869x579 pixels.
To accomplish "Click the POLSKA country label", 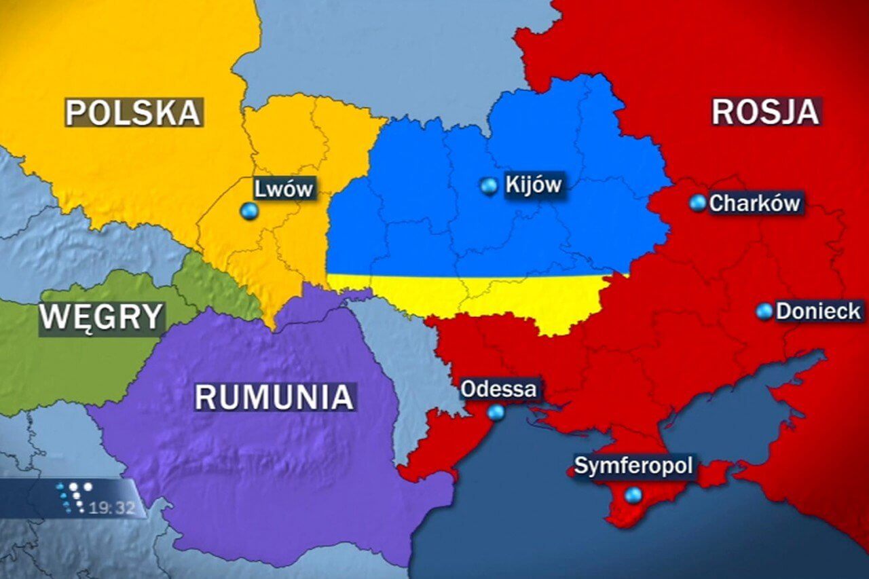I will click(134, 112).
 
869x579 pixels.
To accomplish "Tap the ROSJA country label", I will click(766, 111).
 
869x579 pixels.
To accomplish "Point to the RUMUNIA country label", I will click(275, 396).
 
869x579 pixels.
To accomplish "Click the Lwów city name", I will click(283, 187).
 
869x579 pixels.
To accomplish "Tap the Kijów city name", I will click(534, 184).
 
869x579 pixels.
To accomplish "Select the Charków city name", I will click(754, 202).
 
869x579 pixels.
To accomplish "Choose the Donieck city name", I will click(818, 312).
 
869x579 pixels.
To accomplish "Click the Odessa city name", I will click(498, 390).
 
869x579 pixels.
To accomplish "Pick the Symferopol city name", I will click(633, 466).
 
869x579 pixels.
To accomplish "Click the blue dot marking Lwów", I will click(249, 211).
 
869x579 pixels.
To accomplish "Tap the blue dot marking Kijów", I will click(488, 185).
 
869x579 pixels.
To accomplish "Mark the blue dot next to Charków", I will click(697, 202).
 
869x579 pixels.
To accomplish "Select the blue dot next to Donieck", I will click(764, 312).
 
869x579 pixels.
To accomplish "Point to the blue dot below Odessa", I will click(496, 412).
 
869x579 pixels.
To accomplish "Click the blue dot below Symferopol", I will click(633, 496).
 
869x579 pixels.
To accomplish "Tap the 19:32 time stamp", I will click(112, 508).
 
